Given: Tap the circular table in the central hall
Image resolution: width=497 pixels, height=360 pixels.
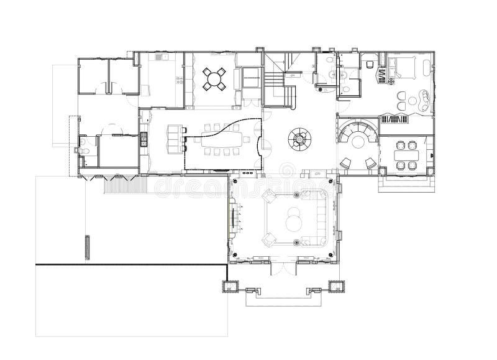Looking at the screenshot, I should click(300, 139).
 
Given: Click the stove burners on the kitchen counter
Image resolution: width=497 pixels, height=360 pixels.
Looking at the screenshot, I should click(144, 139).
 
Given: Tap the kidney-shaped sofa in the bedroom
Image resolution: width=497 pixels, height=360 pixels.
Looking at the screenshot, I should click(424, 98).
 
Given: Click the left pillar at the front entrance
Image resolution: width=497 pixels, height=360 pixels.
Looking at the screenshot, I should click(230, 287).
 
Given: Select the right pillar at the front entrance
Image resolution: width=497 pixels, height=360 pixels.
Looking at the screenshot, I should click(337, 287).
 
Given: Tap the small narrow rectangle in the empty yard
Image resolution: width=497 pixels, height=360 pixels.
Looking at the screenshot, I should click(86, 249).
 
